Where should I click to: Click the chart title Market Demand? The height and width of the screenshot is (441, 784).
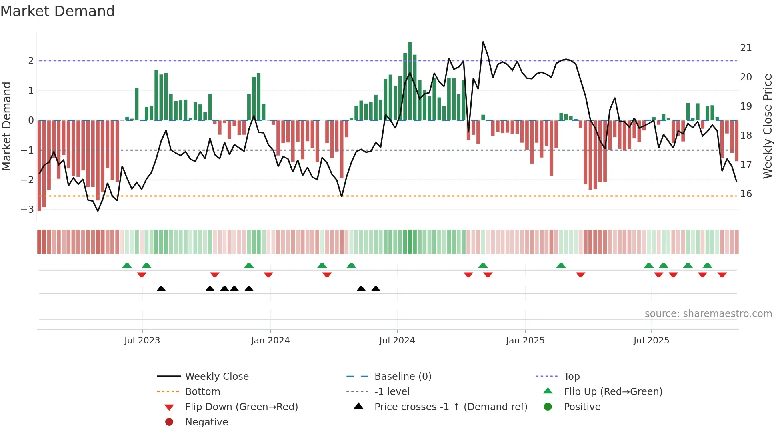(x=58, y=11)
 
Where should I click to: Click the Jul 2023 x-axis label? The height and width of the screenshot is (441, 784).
(x=142, y=341)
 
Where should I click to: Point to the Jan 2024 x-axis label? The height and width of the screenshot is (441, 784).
(x=270, y=341)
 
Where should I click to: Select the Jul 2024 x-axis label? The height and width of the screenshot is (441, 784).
(x=397, y=341)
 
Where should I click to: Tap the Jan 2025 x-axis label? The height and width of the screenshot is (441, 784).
(x=525, y=341)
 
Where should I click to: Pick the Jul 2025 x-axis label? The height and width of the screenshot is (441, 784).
(x=651, y=341)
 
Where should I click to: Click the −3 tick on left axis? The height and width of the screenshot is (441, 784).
(x=27, y=210)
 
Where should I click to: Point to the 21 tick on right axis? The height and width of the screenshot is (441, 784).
(x=746, y=48)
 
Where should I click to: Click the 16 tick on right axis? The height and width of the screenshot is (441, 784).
(x=746, y=194)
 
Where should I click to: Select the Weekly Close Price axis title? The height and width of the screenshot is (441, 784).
(x=767, y=126)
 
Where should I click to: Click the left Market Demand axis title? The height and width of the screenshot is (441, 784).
(x=7, y=126)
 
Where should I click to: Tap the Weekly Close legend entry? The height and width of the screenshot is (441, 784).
(x=217, y=377)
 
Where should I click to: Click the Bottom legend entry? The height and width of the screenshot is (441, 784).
(x=202, y=392)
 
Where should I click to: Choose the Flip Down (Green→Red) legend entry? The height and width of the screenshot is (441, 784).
(x=241, y=407)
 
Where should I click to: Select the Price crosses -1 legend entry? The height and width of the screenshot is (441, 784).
(x=450, y=407)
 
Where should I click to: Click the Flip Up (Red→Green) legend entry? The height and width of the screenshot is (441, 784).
(x=613, y=392)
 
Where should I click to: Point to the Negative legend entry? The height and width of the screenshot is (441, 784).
(x=206, y=422)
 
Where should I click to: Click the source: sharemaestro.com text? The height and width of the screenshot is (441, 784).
(x=708, y=314)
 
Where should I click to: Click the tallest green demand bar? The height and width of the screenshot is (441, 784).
(x=410, y=80)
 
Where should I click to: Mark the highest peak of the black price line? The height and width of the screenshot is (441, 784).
(x=483, y=42)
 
